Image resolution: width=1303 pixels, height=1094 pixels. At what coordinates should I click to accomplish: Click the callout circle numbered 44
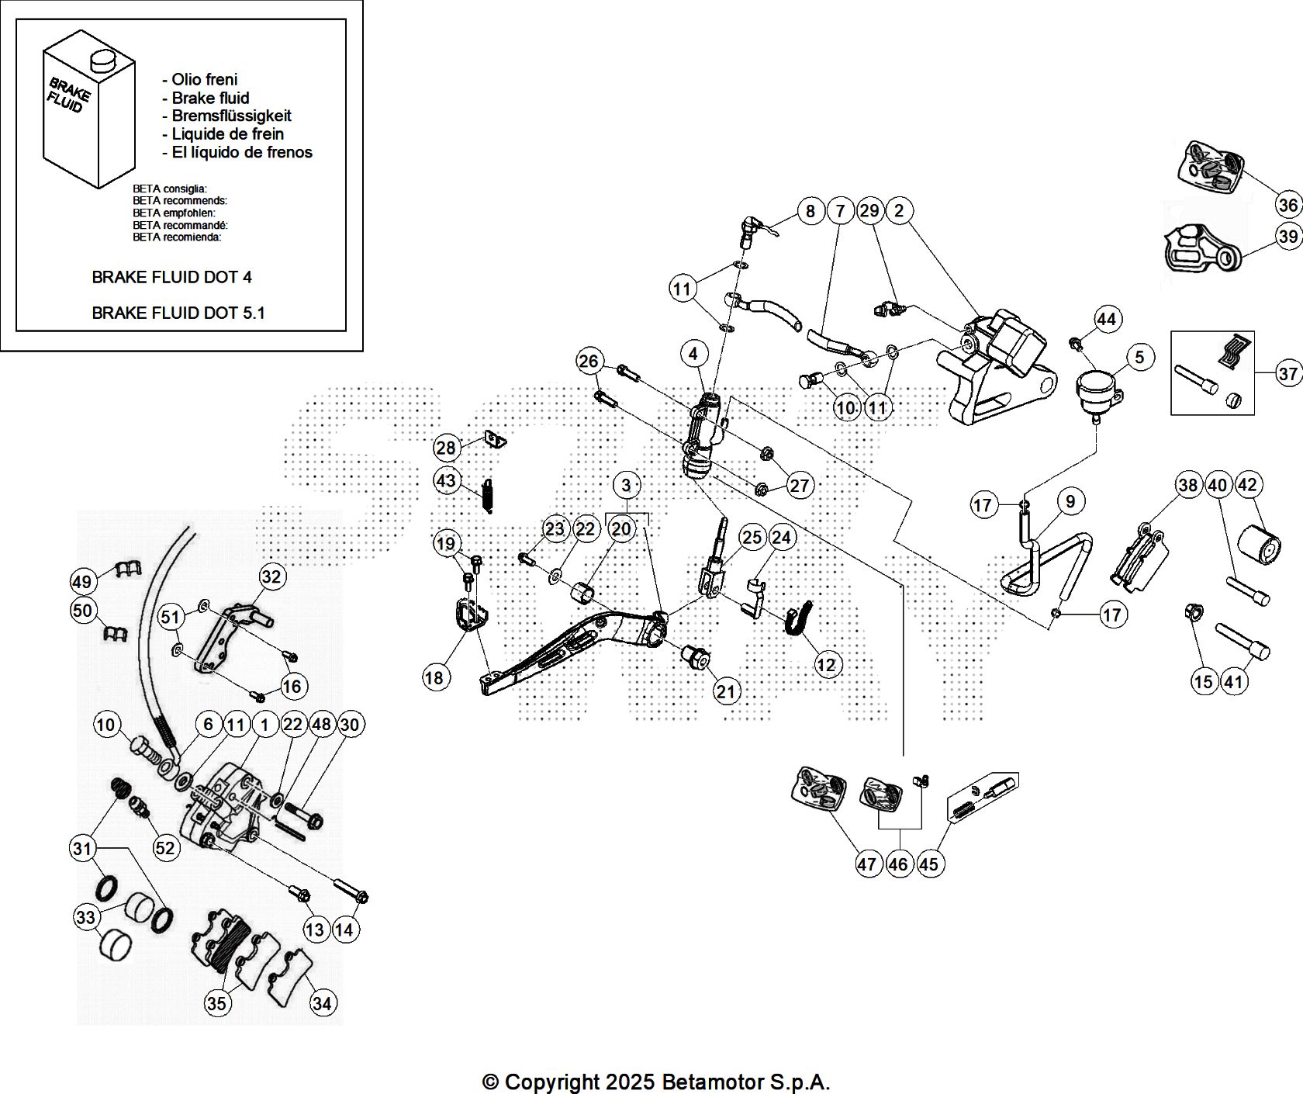pyautogui.click(x=1106, y=319)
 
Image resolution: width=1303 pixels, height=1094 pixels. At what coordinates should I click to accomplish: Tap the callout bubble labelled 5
pyautogui.click(x=1139, y=358)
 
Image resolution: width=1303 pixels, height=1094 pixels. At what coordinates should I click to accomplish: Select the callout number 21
pyautogui.click(x=726, y=691)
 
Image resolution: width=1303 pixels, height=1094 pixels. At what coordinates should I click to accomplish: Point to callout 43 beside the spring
pyautogui.click(x=446, y=480)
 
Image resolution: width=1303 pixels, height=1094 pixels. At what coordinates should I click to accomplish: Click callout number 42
pyautogui.click(x=1247, y=485)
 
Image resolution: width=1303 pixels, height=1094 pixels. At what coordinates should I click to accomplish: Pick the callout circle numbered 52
pyautogui.click(x=164, y=847)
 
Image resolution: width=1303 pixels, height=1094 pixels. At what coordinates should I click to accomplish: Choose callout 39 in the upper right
pyautogui.click(x=1288, y=236)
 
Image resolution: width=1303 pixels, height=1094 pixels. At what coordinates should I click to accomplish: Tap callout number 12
pyautogui.click(x=827, y=665)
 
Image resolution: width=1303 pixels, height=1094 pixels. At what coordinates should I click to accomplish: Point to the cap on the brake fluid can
pyautogui.click(x=100, y=61)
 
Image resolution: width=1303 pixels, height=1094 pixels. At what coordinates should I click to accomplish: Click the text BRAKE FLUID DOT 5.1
pyautogui.click(x=178, y=313)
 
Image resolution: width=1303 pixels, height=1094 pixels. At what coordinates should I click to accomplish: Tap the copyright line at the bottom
pyautogui.click(x=656, y=1082)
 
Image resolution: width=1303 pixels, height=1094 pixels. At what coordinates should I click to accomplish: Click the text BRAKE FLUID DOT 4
pyautogui.click(x=171, y=277)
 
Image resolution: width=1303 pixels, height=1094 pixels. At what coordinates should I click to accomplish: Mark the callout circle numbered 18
pyautogui.click(x=434, y=677)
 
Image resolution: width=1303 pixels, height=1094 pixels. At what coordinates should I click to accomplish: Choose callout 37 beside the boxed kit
pyautogui.click(x=1288, y=374)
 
